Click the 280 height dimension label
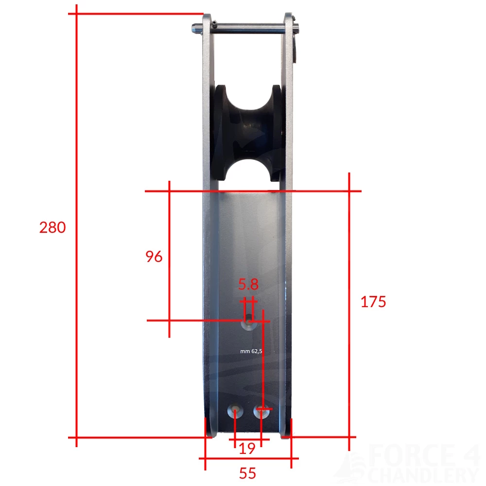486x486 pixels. pos(52,227)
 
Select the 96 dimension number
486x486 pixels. pos(154,257)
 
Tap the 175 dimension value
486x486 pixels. pos(373,302)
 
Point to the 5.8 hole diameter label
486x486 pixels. pos(248,284)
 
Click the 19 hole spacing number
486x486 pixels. pos(247,449)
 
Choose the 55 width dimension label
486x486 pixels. pos(247,472)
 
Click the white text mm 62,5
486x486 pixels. pos(251,351)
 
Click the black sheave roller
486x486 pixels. pos(248,133)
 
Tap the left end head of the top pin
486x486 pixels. pos(195,29)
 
